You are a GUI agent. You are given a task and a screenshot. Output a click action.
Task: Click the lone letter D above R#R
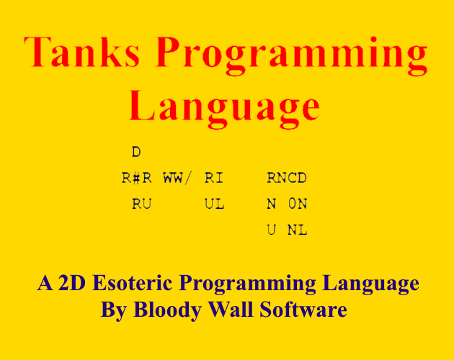tap(136, 152)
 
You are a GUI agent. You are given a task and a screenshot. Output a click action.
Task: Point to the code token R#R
tap(137, 178)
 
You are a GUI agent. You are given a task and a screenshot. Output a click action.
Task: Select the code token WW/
tap(177, 178)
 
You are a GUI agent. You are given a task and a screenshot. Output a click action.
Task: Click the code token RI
tap(214, 178)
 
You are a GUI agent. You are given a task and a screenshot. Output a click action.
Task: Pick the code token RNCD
tap(287, 178)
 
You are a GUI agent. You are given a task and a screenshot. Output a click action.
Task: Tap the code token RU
tap(142, 204)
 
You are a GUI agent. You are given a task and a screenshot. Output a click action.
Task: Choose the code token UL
tap(214, 204)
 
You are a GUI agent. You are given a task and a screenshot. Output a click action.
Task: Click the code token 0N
tap(298, 204)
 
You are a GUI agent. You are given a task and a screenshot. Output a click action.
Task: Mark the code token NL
tap(298, 230)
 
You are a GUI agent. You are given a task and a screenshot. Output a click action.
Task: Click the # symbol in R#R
tap(137, 178)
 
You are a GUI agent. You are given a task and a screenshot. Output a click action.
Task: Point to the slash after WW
tap(188, 178)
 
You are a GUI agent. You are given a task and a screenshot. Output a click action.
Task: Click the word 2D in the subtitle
tap(72, 283)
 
